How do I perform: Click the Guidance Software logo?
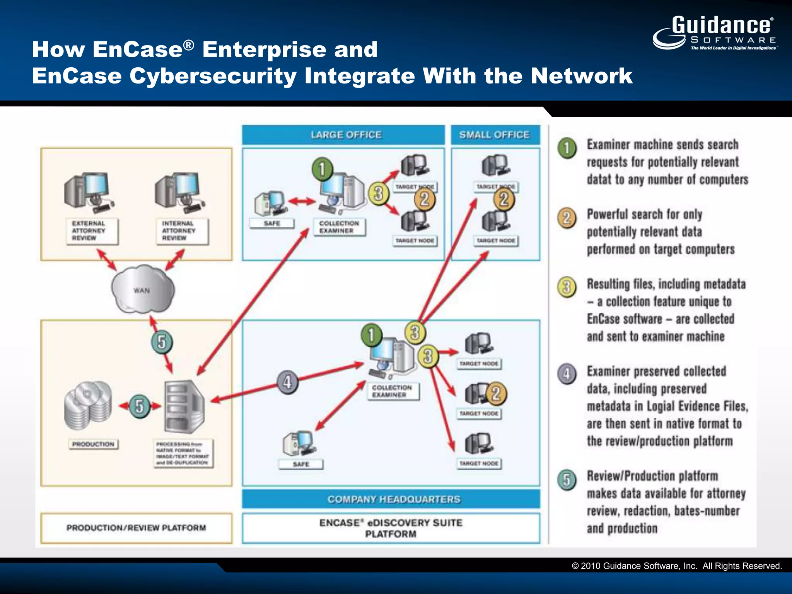pyautogui.click(x=715, y=33)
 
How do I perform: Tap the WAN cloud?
pyautogui.click(x=142, y=289)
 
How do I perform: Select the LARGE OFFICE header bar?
pyautogui.click(x=343, y=135)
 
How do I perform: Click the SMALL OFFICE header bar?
pyautogui.click(x=495, y=135)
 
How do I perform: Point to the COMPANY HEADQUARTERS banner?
pyautogui.click(x=391, y=499)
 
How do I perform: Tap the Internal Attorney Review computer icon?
pyautogui.click(x=179, y=192)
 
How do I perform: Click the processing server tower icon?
pyautogui.click(x=184, y=406)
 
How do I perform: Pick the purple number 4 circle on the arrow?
pyautogui.click(x=287, y=382)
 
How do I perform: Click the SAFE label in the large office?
pyautogui.click(x=272, y=223)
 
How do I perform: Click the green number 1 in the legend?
pyautogui.click(x=567, y=148)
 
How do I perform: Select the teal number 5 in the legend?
pyautogui.click(x=567, y=480)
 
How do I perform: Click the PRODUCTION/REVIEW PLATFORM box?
pyautogui.click(x=136, y=528)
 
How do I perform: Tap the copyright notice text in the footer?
pyautogui.click(x=677, y=566)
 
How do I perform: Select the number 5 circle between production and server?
pyautogui.click(x=139, y=406)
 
